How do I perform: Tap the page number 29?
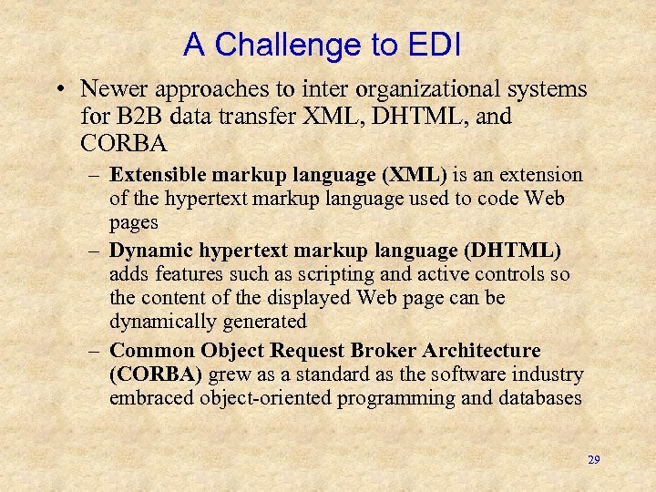click(593, 460)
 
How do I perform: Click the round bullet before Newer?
click(59, 89)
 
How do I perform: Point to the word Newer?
click(109, 88)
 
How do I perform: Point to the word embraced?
click(146, 398)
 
